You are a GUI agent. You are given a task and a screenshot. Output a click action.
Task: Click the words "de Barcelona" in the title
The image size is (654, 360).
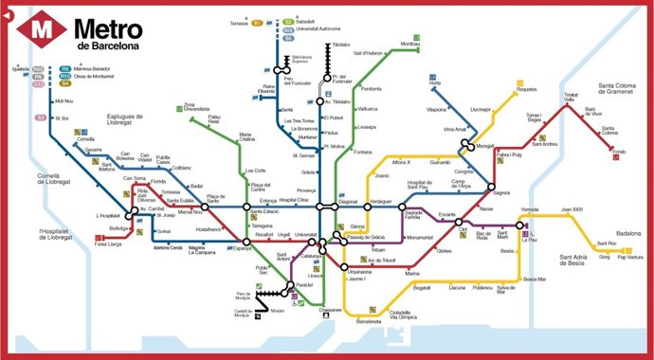pos(109,45)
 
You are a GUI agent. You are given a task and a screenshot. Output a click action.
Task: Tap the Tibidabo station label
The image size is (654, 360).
pos(341,45)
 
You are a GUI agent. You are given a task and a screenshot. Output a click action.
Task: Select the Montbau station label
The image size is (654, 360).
pos(409,45)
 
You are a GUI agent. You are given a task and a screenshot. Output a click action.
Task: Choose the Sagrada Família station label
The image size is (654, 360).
pos(419,215)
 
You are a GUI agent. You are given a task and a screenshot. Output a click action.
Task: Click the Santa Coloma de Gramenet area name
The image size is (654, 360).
pos(620,93)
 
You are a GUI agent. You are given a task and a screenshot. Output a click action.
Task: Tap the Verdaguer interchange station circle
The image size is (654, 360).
pos(366,206)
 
